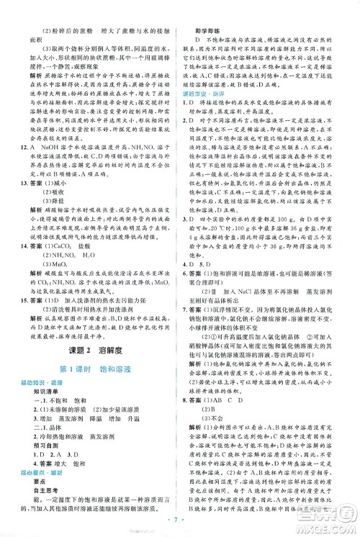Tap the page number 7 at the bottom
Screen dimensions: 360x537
[x=180, y=517]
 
